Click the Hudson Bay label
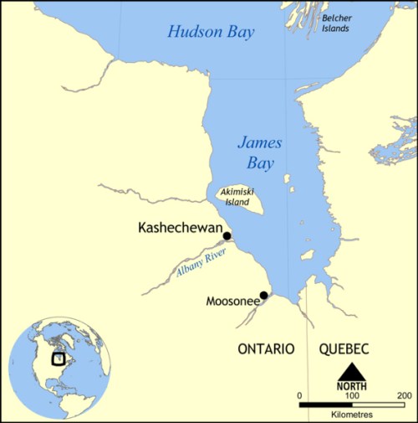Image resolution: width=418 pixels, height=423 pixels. point(211,32)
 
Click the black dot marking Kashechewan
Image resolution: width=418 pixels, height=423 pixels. point(227,236)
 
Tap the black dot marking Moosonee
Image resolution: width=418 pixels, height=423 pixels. point(263,295)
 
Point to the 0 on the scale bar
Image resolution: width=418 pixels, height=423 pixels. point(300,395)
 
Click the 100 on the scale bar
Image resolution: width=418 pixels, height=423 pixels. point(352,395)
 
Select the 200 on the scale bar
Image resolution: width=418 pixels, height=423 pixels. point(405,395)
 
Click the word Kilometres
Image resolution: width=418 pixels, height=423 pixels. point(352,415)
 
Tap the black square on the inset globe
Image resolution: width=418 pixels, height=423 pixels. point(59,359)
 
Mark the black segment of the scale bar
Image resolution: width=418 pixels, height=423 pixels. point(326,405)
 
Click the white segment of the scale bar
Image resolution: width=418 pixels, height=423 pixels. point(379,405)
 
